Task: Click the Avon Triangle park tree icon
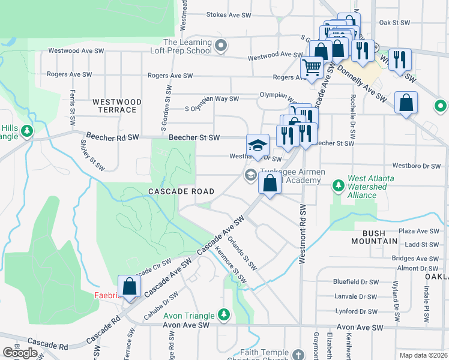pyautogui.click(x=224, y=314)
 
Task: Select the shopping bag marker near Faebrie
pyautogui.click(x=128, y=287)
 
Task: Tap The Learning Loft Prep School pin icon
pyautogui.click(x=221, y=45)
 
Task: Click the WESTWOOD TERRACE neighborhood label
pyautogui.click(x=117, y=106)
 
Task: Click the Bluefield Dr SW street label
pyautogui.click(x=356, y=281)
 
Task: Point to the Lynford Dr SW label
pyautogui.click(x=356, y=311)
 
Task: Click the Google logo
pyautogui.click(x=20, y=353)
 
